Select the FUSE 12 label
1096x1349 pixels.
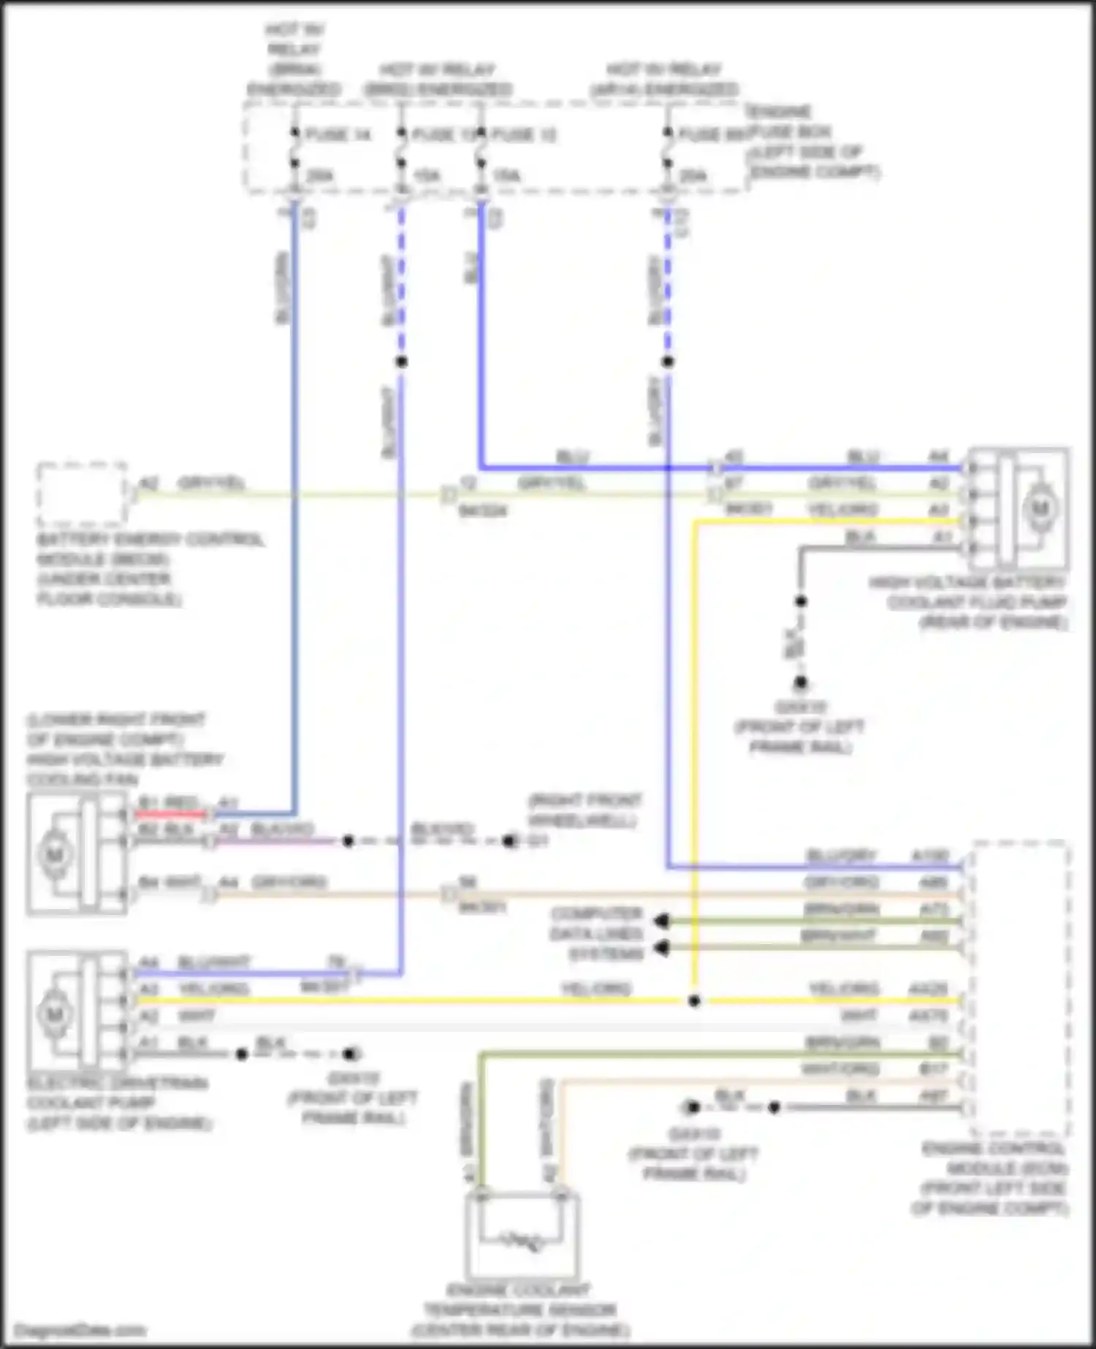[x=524, y=135]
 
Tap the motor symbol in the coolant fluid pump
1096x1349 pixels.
[x=1039, y=508]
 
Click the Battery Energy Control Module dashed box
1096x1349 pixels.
[x=82, y=494]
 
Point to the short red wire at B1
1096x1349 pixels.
[x=172, y=813]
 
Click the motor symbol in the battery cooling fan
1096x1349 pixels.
[x=55, y=854]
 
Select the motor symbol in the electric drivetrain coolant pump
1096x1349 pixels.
[x=55, y=1014]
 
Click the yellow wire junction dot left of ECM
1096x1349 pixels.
[x=694, y=1000]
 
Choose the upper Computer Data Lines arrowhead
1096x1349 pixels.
[x=661, y=921]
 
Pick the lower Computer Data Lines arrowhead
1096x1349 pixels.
[x=661, y=948]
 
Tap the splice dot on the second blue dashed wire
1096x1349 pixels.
[x=400, y=362]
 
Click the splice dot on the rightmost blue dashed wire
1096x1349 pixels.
[x=667, y=362]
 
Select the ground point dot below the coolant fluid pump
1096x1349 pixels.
[x=801, y=683]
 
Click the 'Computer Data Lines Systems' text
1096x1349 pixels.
[x=597, y=934]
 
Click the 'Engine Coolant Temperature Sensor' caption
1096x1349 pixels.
[x=520, y=1310]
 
